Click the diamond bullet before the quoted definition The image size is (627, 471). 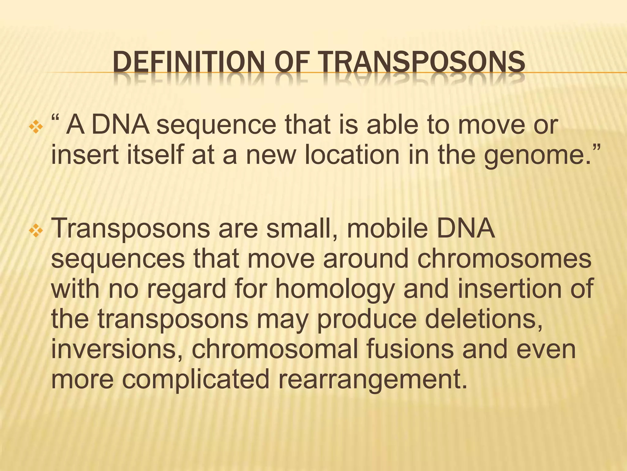tap(36, 127)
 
